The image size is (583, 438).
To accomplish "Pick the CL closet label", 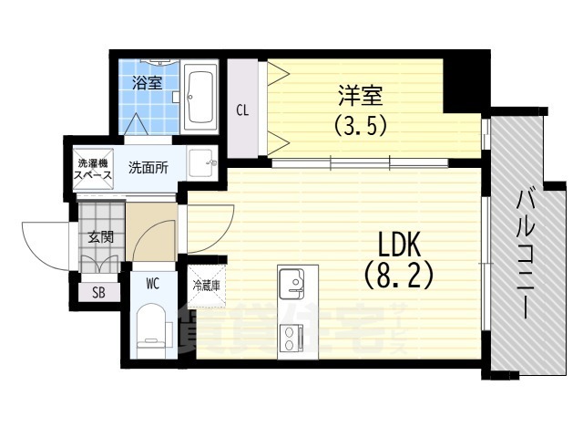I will click(x=242, y=111).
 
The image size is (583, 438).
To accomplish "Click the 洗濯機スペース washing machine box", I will click(x=92, y=167).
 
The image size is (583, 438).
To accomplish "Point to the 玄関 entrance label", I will click(x=99, y=237).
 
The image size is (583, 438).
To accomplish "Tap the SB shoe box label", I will click(x=98, y=292).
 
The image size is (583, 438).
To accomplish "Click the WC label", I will click(x=152, y=283).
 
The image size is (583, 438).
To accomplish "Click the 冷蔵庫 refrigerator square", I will click(x=201, y=284).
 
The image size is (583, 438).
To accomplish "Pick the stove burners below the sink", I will click(x=293, y=338).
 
